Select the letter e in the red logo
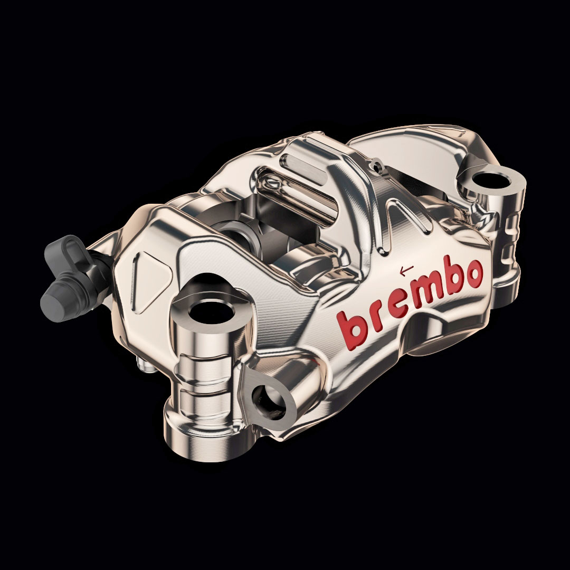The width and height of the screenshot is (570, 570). pyautogui.click(x=400, y=306)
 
